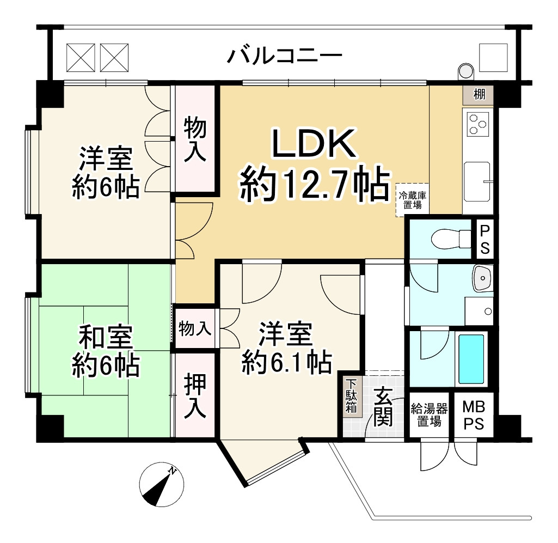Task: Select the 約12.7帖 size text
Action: [315, 185]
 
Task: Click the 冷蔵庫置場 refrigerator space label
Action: [412, 200]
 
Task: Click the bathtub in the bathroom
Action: [471, 359]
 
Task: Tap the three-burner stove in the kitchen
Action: [477, 123]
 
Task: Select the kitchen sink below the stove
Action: [477, 180]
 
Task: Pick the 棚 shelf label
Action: [479, 95]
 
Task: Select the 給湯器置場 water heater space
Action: [429, 415]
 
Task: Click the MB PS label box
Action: [474, 415]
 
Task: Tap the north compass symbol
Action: [161, 484]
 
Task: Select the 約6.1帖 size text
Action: [286, 361]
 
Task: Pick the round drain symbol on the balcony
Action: [465, 71]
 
